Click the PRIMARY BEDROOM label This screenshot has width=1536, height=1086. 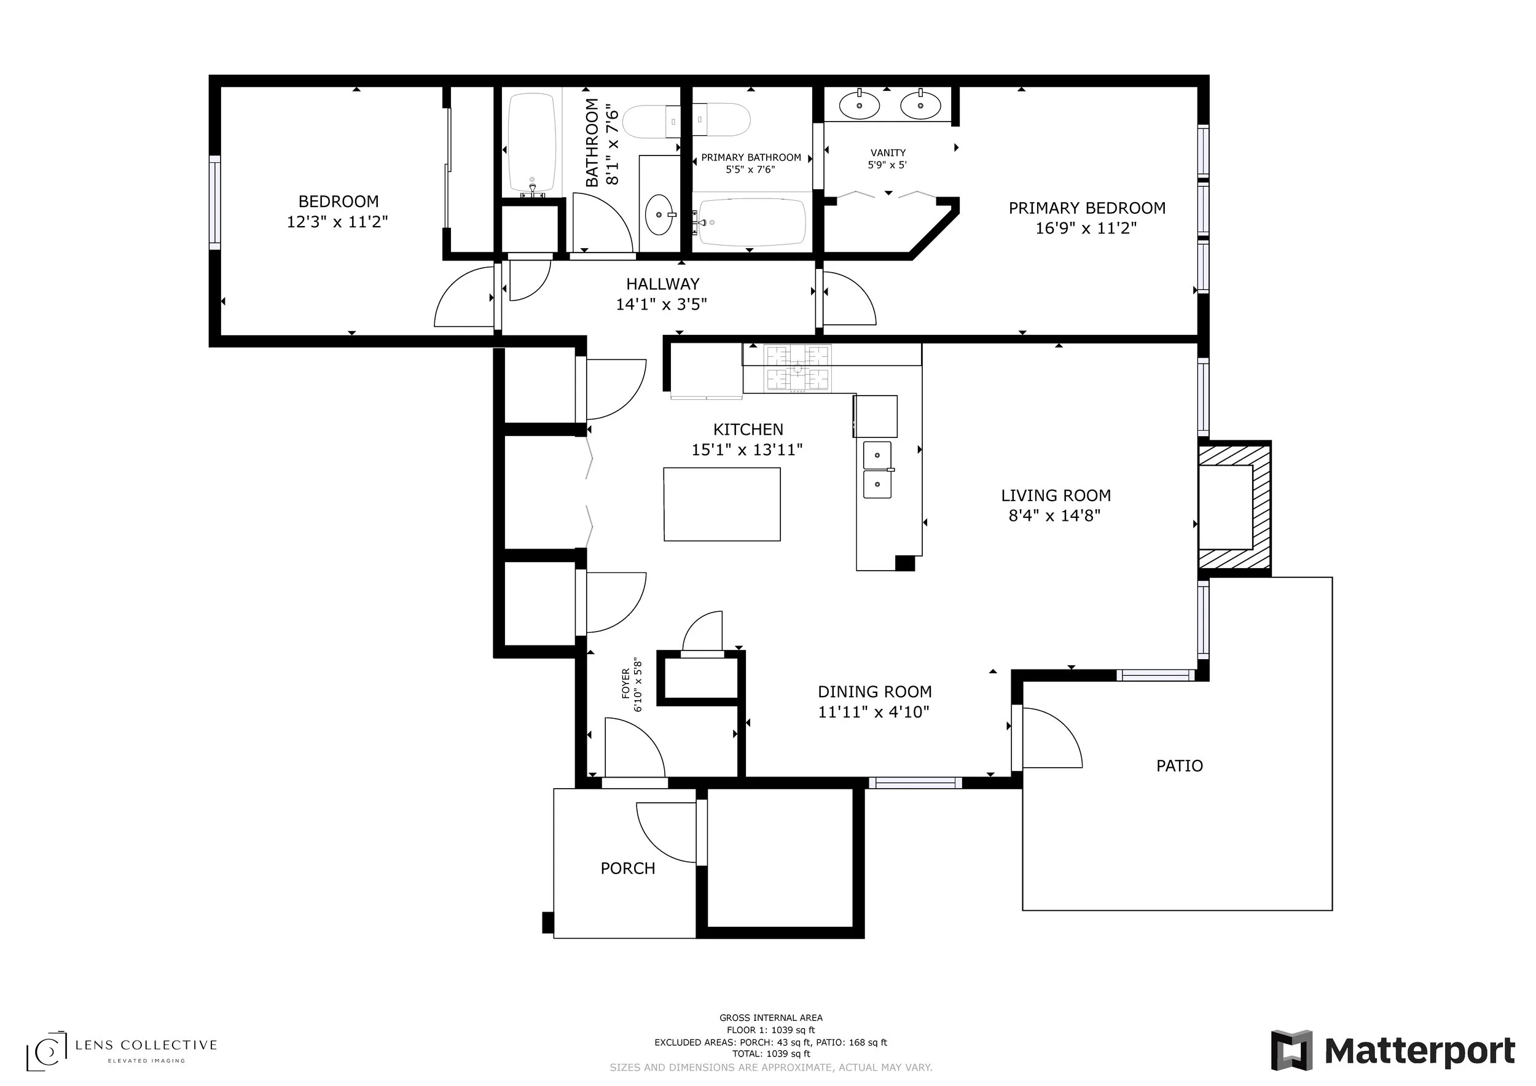point(1087,208)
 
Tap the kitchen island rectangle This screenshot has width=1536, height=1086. point(722,504)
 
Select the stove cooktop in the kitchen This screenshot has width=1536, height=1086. point(798,369)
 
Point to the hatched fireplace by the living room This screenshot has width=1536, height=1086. point(1234,508)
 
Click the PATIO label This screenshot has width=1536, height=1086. point(1180,767)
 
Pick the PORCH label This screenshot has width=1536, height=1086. point(627,869)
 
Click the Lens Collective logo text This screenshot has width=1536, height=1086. point(146,1045)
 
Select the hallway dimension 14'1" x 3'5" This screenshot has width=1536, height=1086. point(662,305)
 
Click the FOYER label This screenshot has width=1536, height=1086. point(626,684)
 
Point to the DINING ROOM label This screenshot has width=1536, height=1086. point(874,692)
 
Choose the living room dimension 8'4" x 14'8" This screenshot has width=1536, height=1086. point(1055,515)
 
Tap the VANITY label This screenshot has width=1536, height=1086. point(888,153)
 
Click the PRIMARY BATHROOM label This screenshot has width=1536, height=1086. point(751,158)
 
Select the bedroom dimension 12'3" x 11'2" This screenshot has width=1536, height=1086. point(337,222)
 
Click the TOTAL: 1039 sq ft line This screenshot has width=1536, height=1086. point(771,1054)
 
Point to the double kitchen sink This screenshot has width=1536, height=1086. point(877,469)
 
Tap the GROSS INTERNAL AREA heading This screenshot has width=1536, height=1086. point(771,1018)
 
